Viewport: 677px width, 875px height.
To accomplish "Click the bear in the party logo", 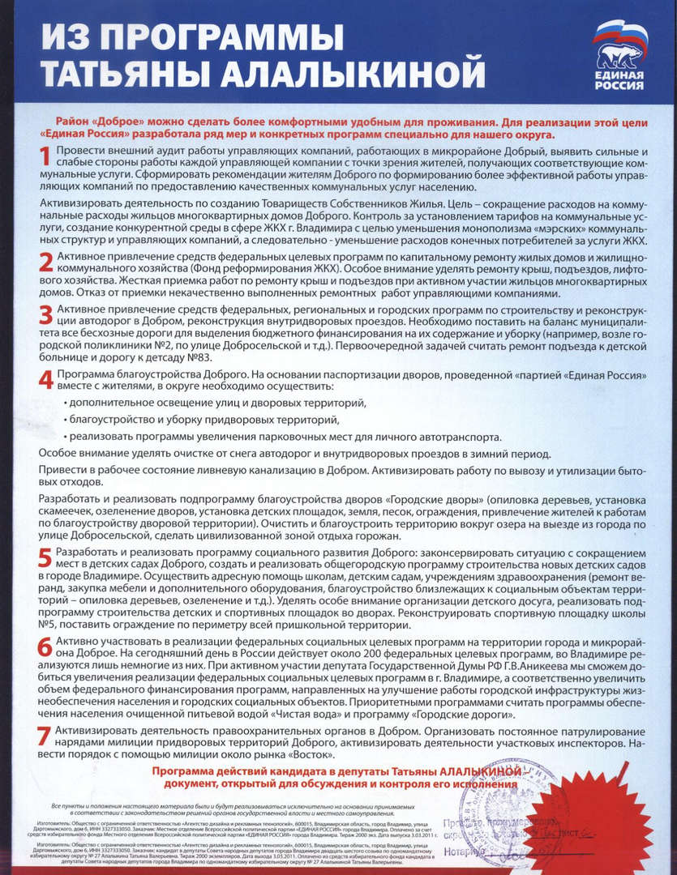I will pos(620,53).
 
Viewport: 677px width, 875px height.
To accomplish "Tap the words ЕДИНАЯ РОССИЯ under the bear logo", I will pos(620,81).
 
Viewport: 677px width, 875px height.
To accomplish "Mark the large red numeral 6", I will pos(46,646).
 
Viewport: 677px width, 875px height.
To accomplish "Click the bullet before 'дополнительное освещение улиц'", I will pos(65,403).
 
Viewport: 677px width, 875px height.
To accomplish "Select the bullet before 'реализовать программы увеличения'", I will pos(65,437).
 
